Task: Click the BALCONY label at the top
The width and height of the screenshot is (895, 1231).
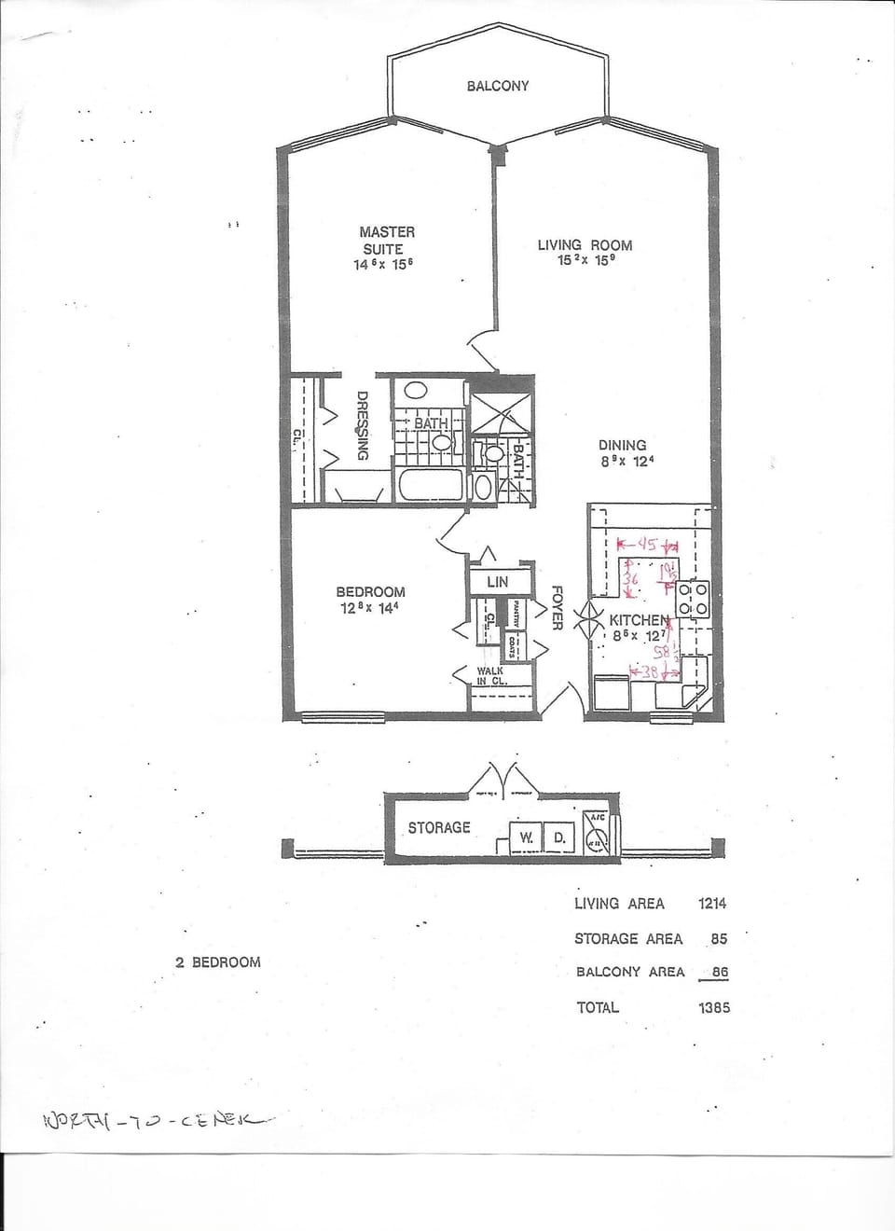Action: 497,86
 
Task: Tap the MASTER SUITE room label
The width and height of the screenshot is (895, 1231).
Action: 387,240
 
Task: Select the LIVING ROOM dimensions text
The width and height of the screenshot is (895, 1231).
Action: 585,261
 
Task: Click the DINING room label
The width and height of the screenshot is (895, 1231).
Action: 623,445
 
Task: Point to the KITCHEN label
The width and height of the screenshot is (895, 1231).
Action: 639,620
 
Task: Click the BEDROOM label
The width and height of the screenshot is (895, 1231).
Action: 370,591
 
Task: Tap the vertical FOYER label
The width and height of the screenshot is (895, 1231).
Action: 557,608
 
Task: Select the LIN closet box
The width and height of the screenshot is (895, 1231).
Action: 498,582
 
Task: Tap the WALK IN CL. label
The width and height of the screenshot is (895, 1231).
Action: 490,675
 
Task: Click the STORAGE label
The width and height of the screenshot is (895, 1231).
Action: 439,827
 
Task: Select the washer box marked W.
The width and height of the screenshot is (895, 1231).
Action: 526,838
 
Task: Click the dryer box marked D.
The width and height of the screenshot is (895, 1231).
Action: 558,838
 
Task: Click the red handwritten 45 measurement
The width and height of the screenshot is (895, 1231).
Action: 647,545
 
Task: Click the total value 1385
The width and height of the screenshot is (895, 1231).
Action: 713,1007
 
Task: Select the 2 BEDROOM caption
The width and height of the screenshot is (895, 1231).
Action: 217,961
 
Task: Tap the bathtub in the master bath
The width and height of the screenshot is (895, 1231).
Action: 431,486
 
